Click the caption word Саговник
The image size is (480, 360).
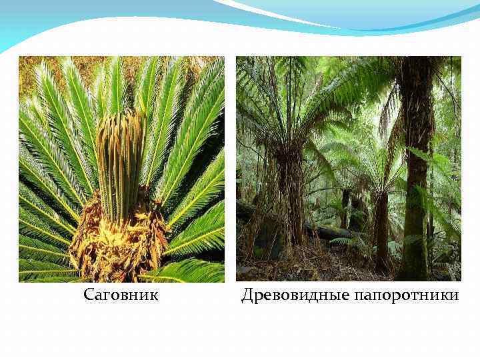(x=121, y=294)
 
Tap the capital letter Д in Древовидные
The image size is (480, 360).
(x=247, y=294)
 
